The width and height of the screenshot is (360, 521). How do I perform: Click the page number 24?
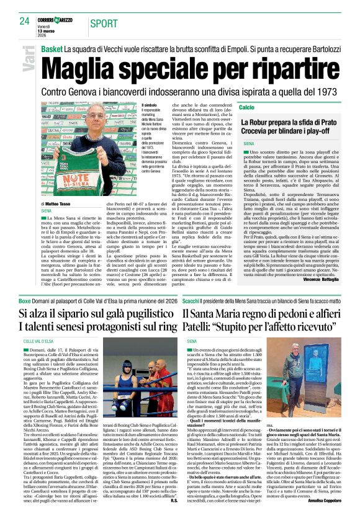point(24,21)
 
